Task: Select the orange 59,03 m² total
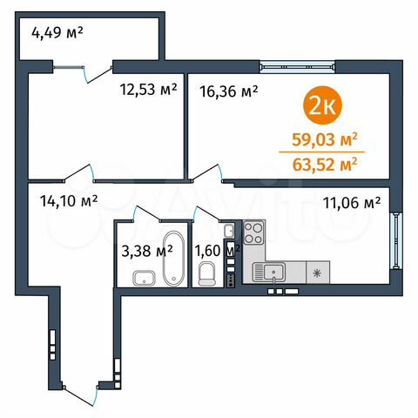point(326,138)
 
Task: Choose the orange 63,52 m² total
point(326,161)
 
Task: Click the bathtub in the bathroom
point(172,259)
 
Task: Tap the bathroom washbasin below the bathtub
point(144,279)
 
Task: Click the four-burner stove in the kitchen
point(254,233)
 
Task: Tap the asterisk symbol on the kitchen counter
point(314,273)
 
